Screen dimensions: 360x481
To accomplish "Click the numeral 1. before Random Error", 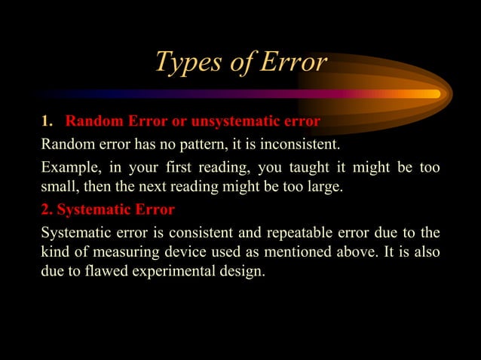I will coord(47,122).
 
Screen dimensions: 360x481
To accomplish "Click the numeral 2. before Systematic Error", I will coord(47,209).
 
